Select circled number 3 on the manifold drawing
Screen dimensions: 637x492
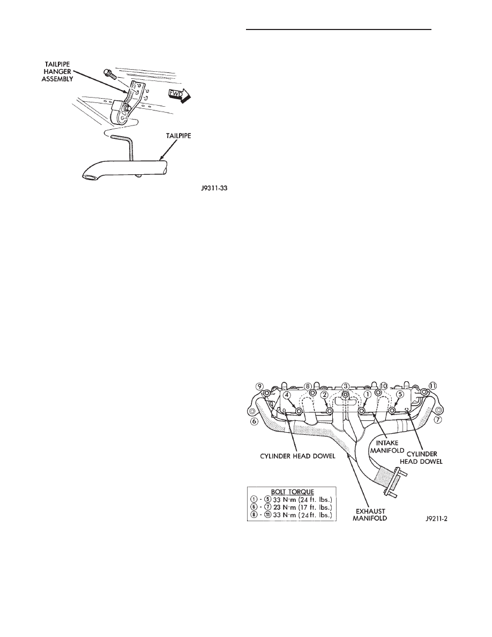(346, 386)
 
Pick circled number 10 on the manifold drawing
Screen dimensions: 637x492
(383, 386)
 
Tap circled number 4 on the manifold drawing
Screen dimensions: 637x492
(287, 395)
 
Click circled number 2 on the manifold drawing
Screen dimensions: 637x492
(324, 395)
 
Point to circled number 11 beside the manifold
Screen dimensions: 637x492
(433, 386)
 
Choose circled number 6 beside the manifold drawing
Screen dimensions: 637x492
(254, 421)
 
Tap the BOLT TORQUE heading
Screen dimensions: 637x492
(291, 491)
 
